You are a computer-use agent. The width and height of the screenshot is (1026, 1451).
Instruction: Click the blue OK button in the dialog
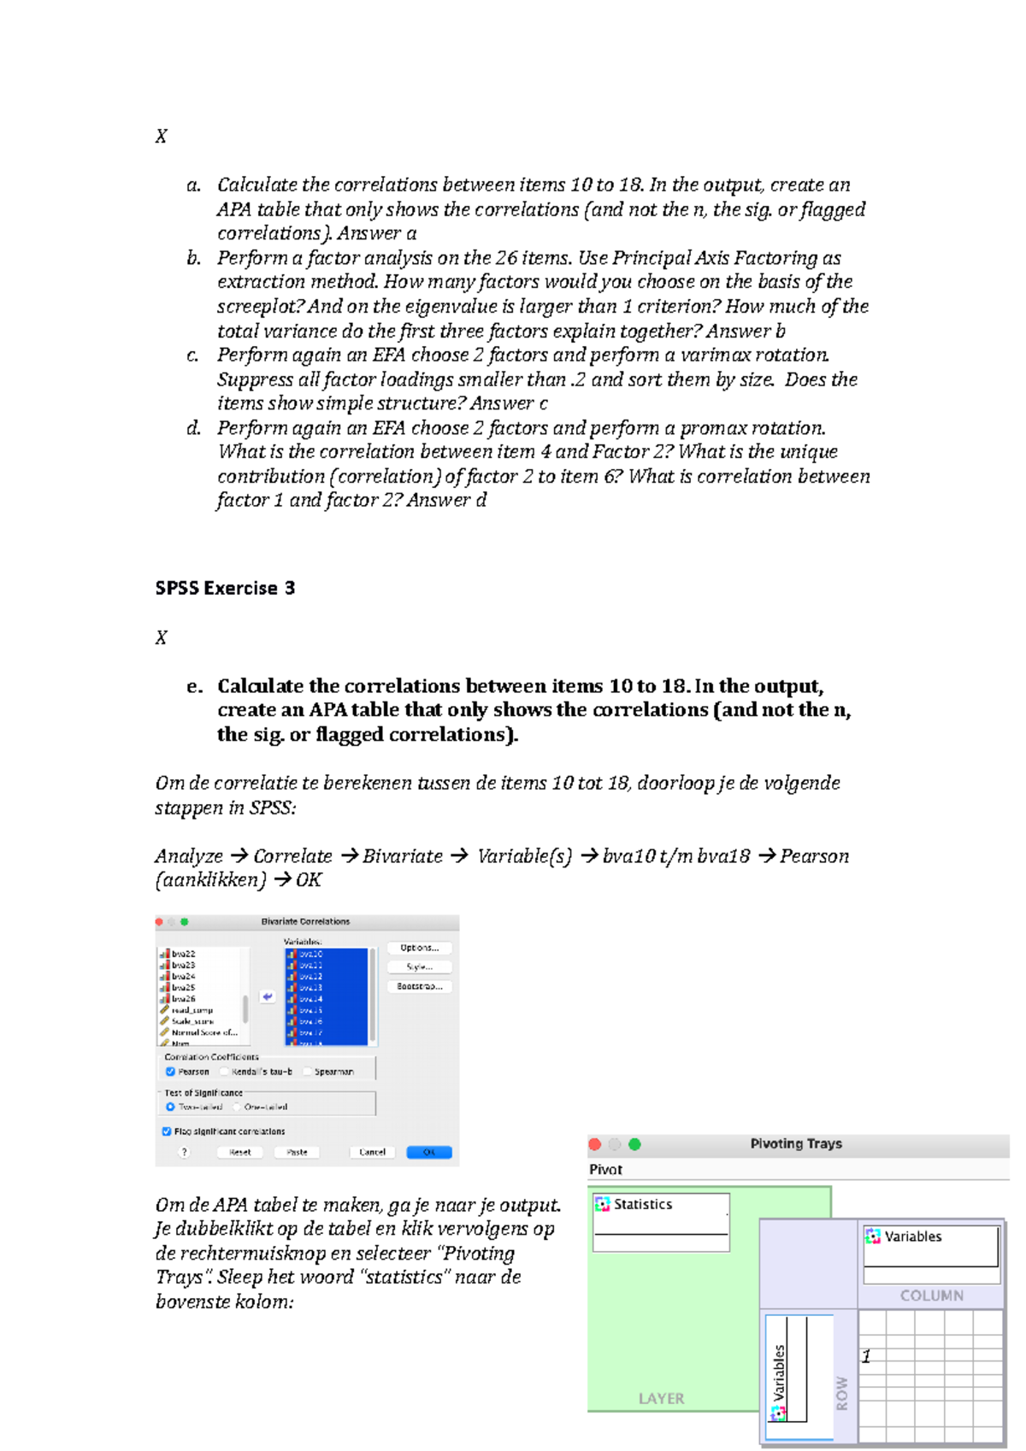pos(428,1152)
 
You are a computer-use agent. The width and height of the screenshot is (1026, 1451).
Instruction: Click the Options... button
pos(419,948)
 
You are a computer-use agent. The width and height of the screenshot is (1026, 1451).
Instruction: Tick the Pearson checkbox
pos(170,1072)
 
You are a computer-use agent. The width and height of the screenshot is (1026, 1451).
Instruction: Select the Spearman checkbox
pos(308,1072)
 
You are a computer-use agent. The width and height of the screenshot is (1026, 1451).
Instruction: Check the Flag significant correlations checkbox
pos(167,1131)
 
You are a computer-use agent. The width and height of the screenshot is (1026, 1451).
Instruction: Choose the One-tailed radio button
pos(237,1107)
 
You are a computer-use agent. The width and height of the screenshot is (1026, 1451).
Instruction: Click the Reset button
pos(239,1152)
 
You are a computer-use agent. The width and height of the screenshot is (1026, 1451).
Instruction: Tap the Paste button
pos(297,1152)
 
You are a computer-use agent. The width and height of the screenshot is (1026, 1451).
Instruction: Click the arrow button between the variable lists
pos(268,996)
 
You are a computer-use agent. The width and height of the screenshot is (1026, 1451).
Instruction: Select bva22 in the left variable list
pos(183,954)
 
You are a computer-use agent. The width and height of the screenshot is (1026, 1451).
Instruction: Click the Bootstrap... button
pos(419,986)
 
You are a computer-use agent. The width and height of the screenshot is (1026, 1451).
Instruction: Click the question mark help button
pos(184,1152)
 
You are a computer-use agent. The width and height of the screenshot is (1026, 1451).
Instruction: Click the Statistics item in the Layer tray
pos(642,1204)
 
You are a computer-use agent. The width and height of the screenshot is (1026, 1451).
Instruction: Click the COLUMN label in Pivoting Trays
pos(931,1295)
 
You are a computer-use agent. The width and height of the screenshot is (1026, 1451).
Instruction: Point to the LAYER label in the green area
pos(661,1399)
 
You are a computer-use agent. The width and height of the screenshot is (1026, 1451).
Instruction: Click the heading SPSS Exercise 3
pos(225,588)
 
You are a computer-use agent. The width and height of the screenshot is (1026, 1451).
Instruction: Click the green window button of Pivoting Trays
pos(634,1144)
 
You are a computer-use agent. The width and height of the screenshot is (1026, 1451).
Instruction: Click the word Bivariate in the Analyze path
pos(403,856)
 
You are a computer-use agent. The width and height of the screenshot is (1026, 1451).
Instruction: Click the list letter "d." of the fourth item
pos(194,428)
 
